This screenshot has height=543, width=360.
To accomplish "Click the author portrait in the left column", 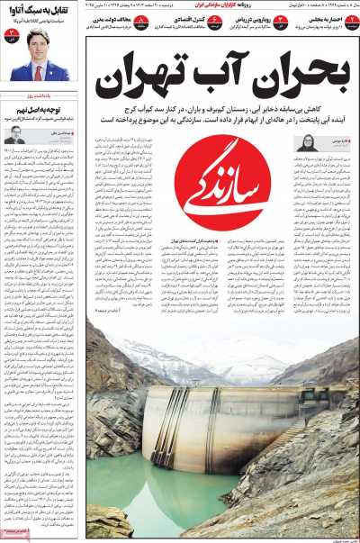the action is click(x=16, y=133).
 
